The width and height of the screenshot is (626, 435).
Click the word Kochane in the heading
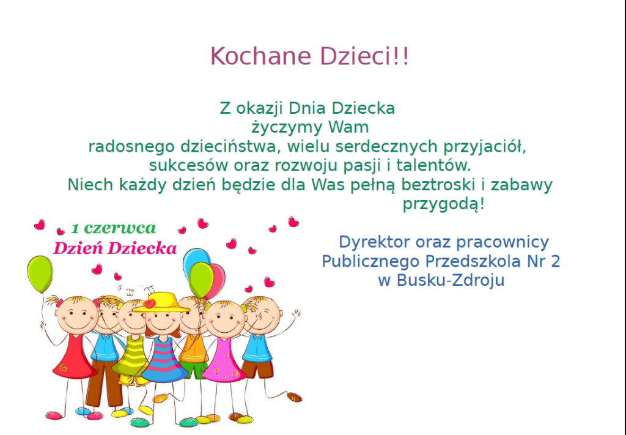tap(260, 56)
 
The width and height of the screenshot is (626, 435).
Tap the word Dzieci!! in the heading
tap(364, 56)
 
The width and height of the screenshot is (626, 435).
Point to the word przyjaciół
tap(485, 147)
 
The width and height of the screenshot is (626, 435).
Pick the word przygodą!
tap(444, 204)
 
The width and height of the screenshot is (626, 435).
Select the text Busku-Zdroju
tap(451, 280)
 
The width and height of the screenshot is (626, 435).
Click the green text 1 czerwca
tap(113, 228)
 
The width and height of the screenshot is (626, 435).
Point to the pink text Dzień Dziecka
tap(115, 248)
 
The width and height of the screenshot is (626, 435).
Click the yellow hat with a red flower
tap(161, 302)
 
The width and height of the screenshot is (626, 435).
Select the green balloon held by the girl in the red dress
tap(40, 275)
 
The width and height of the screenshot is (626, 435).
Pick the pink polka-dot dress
tap(224, 361)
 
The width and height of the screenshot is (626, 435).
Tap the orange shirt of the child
tap(193, 349)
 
